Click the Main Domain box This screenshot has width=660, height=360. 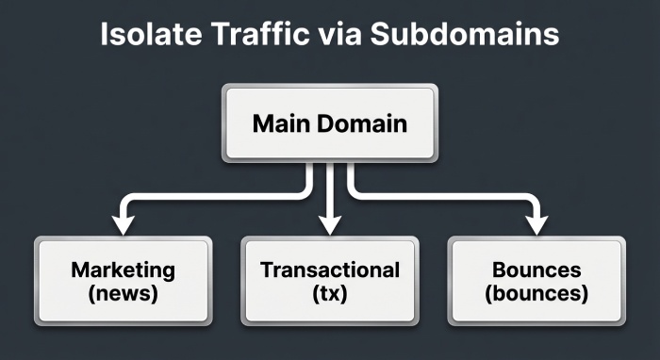click(329, 123)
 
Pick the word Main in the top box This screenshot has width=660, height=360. click(280, 123)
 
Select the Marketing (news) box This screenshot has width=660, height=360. click(123, 281)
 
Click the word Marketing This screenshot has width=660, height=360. click(123, 270)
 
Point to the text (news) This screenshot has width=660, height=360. click(123, 293)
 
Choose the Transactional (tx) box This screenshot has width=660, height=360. click(329, 281)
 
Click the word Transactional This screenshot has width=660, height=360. click(329, 270)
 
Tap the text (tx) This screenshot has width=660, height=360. click(329, 293)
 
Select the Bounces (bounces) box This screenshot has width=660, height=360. click(536, 281)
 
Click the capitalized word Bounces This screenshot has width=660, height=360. click(536, 270)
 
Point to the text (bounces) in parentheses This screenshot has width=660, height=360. click(536, 293)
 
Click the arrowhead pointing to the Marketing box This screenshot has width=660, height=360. click(123, 224)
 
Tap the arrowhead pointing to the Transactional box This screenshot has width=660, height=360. click(329, 224)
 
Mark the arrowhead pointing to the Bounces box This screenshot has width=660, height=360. click(536, 224)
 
